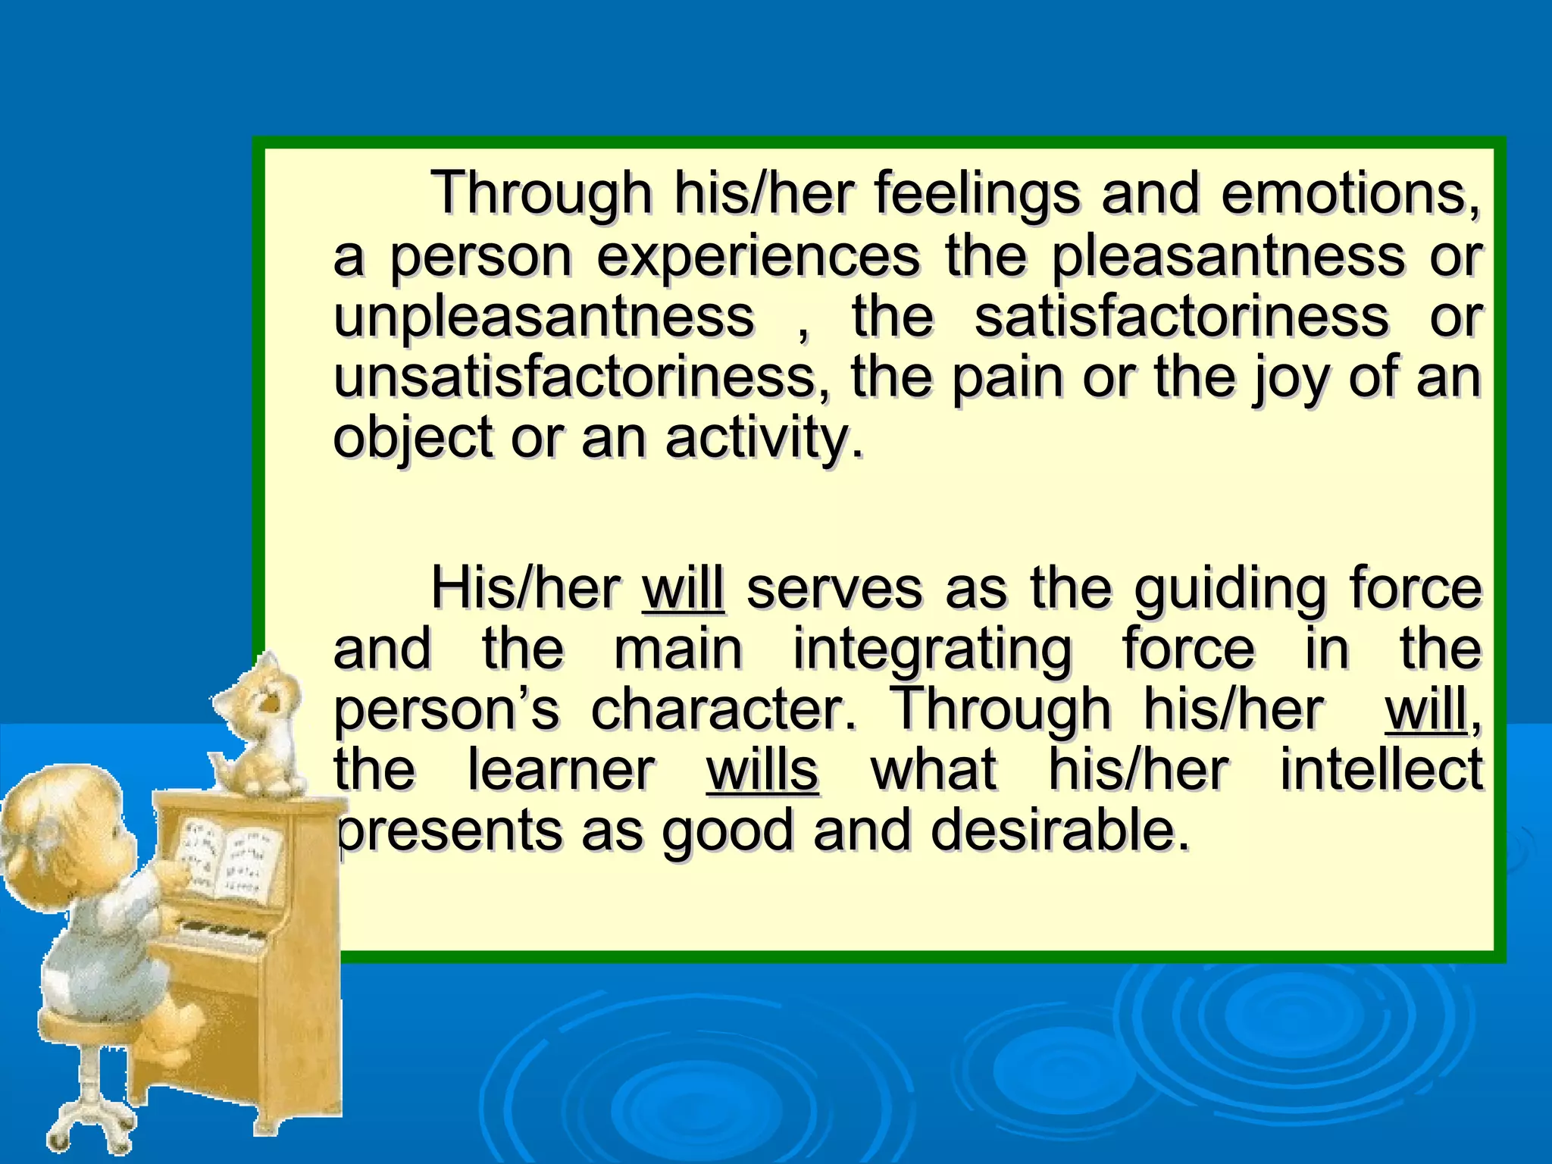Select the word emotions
point(1350,194)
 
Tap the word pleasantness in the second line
point(1228,256)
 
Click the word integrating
point(932,650)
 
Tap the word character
point(723,710)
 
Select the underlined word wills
point(762,770)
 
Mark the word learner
point(561,770)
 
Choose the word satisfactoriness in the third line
point(1181,317)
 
